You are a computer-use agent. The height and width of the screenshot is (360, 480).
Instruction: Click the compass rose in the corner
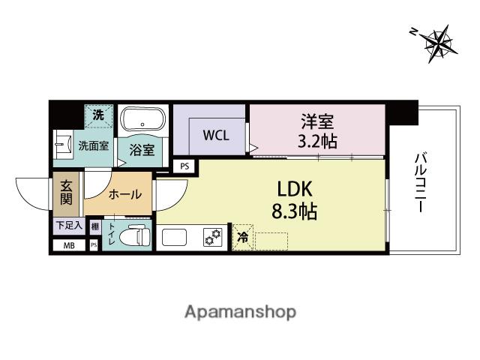[438, 43]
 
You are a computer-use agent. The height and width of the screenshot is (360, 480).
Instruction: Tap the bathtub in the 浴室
[142, 118]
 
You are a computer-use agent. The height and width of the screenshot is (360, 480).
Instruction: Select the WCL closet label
[216, 135]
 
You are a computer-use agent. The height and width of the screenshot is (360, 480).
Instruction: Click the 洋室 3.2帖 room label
[317, 131]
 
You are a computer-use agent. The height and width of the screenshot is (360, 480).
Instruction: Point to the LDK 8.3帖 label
[295, 200]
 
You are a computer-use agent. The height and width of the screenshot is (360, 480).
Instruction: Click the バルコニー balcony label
[421, 182]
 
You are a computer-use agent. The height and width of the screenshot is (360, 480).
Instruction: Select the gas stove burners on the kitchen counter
[212, 237]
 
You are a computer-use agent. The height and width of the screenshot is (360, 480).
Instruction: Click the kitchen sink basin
[174, 237]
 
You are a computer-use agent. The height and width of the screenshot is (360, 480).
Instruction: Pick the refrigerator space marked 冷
[243, 238]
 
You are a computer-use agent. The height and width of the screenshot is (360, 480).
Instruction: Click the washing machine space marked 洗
[98, 116]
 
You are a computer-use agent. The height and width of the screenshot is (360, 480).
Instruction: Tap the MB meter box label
[69, 245]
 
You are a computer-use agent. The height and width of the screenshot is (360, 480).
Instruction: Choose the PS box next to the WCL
[184, 166]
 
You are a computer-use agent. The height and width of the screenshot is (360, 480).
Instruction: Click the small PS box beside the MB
[94, 245]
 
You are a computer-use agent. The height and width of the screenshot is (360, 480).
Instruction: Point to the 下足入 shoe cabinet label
[70, 226]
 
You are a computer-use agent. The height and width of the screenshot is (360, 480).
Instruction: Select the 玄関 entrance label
[66, 193]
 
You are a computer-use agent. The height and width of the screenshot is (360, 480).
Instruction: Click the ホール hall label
[125, 194]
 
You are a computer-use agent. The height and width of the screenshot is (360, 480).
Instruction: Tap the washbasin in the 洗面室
[64, 144]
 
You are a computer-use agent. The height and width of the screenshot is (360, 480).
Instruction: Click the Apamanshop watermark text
[240, 313]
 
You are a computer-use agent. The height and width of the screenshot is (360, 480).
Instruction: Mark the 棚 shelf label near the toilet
[95, 226]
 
